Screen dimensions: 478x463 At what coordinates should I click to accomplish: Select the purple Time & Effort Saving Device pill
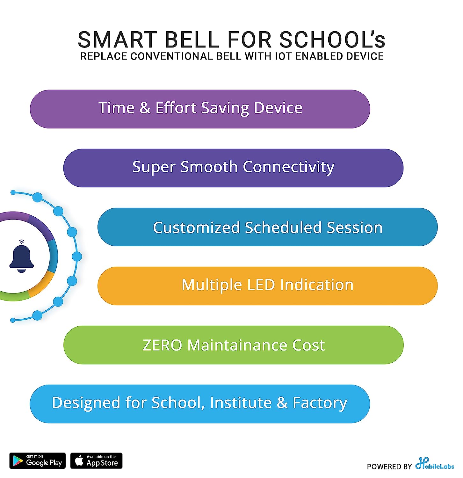pos(200,109)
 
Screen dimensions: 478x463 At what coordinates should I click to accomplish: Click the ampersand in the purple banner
pos(145,108)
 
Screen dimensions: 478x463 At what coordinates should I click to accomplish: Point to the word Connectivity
pos(288,167)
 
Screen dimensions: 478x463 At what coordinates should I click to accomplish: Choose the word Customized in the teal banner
pos(196,228)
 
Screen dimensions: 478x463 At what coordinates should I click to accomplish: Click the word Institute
pos(241,403)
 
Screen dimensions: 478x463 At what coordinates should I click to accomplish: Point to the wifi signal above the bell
pos(21,242)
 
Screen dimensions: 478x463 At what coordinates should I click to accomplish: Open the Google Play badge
pos(37,461)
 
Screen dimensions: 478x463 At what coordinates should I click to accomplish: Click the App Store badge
pos(96,461)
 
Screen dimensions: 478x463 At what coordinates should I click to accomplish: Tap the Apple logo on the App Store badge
pos(79,460)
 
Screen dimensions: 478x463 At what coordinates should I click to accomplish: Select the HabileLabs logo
pos(434,464)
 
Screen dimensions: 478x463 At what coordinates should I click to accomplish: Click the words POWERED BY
pos(389,467)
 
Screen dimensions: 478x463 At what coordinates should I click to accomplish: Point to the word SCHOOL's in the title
pos(332,40)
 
